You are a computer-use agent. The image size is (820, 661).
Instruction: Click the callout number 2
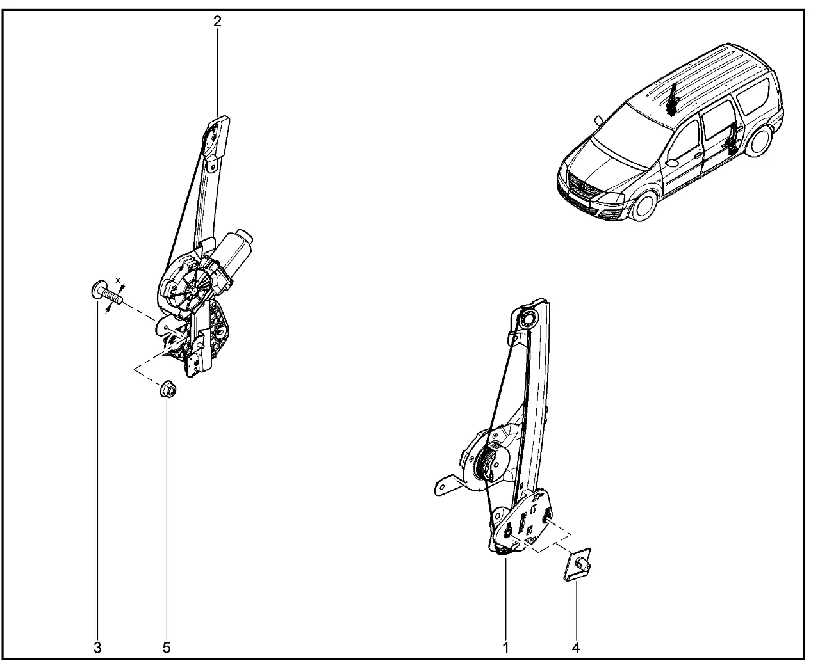218,22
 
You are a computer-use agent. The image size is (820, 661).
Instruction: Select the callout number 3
98,648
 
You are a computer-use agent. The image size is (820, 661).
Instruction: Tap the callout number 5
167,648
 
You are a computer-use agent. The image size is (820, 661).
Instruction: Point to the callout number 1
506,648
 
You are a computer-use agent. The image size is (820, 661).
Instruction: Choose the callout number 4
576,648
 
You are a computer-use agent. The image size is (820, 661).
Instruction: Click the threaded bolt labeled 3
105,292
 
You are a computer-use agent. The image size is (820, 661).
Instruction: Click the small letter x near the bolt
118,280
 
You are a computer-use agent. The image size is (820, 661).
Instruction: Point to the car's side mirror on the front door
672,163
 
